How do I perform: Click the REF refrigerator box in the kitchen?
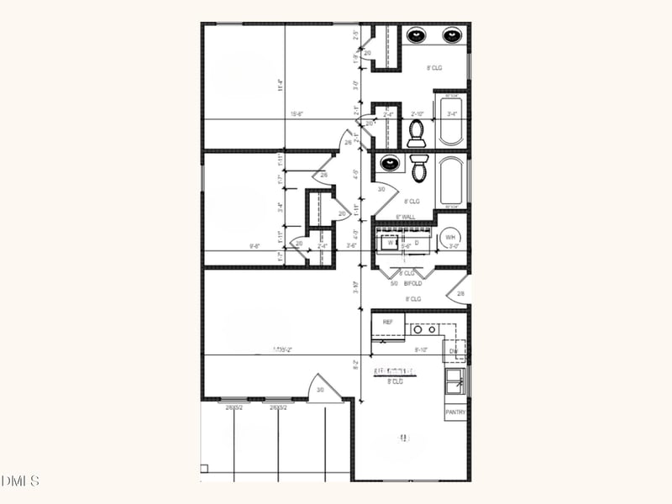click(388, 323)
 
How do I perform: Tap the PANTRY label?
click(455, 412)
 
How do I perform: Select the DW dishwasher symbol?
click(454, 350)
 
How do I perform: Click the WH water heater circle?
click(450, 239)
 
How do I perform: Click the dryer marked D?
click(417, 243)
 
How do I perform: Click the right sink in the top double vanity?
click(452, 35)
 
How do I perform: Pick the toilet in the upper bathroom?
click(416, 133)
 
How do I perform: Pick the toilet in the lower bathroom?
click(420, 168)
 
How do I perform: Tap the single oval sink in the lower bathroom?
click(390, 163)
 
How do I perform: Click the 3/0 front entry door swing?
click(320, 388)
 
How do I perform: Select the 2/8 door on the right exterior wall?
click(459, 291)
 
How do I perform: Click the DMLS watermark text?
click(20, 480)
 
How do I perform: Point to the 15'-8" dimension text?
click(297, 114)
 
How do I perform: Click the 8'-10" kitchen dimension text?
click(422, 349)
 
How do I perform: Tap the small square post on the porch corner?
click(204, 469)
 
